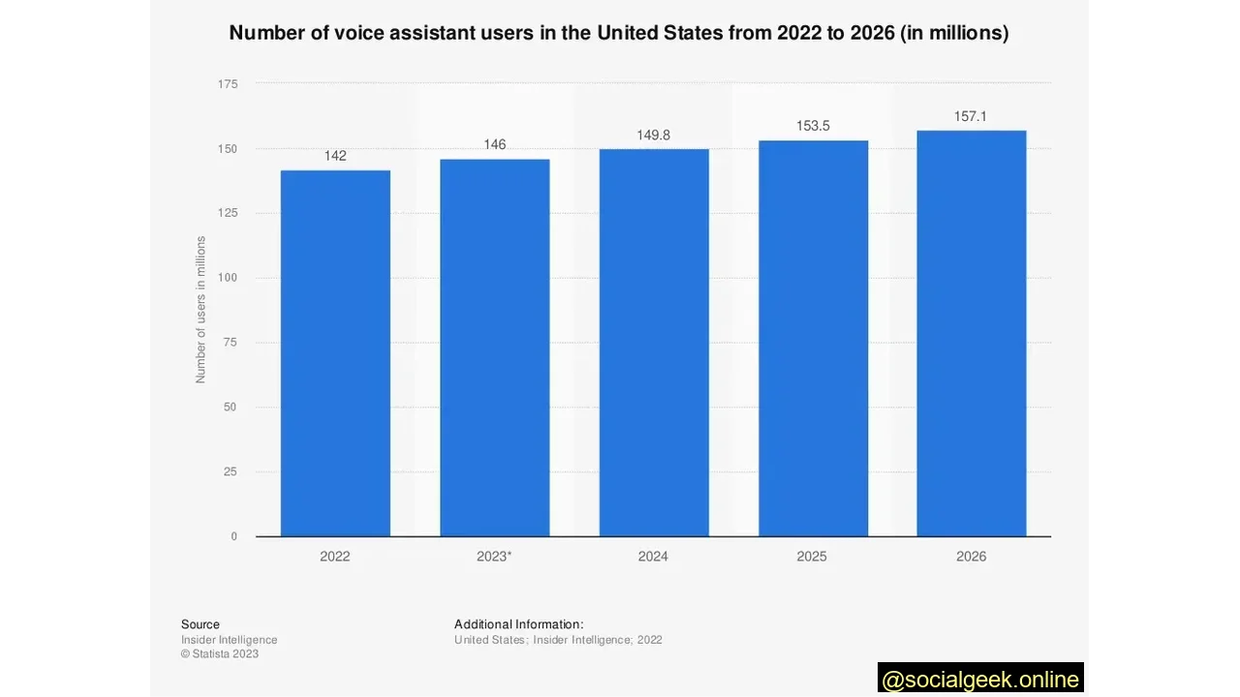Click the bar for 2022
tap(335, 353)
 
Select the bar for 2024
tap(654, 343)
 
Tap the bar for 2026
tap(971, 333)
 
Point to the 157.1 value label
tap(971, 116)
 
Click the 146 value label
tap(494, 144)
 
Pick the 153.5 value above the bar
tap(813, 126)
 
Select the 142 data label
tap(335, 156)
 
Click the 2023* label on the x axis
tap(494, 557)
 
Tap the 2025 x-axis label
tap(812, 557)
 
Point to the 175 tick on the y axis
tap(228, 84)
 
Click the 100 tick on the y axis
tap(228, 278)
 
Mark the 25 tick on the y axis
tap(231, 471)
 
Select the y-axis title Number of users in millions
tap(201, 310)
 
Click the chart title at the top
tap(619, 33)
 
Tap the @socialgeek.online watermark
tap(980, 680)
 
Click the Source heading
tap(201, 624)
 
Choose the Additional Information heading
tap(518, 624)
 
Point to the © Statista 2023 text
tap(220, 653)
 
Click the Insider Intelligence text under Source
tap(229, 640)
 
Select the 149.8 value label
tap(654, 135)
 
